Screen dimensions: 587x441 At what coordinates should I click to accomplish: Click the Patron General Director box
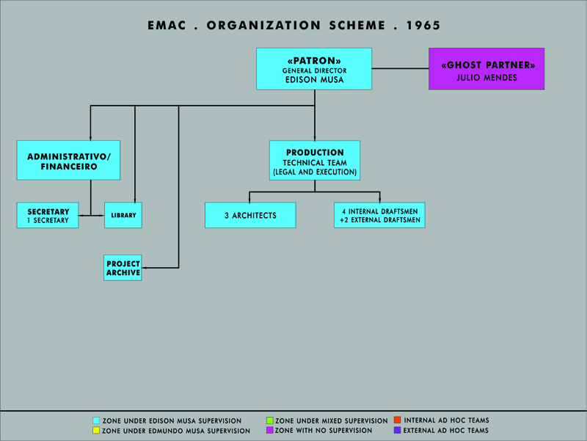[314, 69]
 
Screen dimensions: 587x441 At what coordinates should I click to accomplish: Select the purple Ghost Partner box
[486, 69]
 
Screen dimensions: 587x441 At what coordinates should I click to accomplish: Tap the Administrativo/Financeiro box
[68, 160]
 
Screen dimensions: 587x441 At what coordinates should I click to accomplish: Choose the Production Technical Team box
[315, 161]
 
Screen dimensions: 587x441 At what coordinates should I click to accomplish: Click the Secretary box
[48, 215]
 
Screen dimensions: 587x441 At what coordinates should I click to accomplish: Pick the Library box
[123, 215]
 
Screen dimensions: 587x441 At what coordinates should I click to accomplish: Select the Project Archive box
[123, 268]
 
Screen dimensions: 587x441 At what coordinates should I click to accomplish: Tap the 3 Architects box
[250, 215]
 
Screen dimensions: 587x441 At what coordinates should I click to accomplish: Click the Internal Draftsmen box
[379, 215]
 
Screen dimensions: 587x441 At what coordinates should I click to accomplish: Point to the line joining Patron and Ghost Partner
[400, 68]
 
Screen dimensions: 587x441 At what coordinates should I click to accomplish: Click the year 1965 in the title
[423, 26]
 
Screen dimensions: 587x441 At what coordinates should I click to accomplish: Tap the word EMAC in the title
[167, 26]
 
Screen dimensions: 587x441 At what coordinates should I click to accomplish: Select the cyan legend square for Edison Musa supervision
[96, 420]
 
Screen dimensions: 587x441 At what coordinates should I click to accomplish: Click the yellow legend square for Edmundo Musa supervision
[96, 431]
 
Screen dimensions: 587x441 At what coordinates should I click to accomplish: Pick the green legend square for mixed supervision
[269, 420]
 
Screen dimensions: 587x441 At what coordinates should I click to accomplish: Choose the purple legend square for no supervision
[269, 430]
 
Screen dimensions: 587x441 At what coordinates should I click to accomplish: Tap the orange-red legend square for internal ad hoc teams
[398, 420]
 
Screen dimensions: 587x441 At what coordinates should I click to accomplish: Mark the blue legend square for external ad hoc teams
[398, 430]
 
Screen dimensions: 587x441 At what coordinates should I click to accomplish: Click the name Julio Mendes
[486, 78]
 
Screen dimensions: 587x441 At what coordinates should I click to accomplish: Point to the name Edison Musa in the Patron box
[315, 80]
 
